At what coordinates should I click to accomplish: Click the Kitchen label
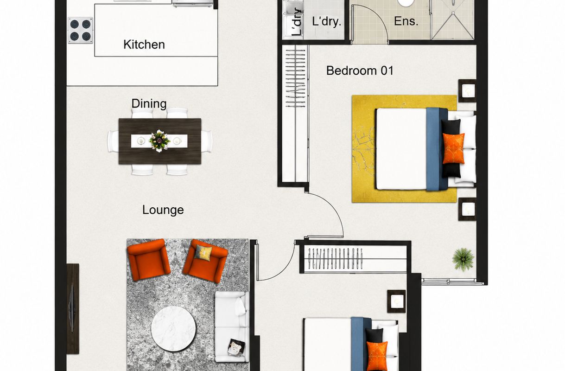click(x=144, y=45)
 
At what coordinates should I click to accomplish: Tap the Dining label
click(x=149, y=104)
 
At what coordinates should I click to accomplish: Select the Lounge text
click(x=163, y=210)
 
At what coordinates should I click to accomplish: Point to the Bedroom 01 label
click(x=360, y=70)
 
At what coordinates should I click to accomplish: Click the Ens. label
click(x=406, y=21)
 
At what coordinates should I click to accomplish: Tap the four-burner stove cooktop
click(x=80, y=30)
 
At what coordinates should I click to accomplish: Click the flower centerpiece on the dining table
click(x=159, y=141)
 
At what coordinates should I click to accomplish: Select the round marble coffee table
click(x=173, y=329)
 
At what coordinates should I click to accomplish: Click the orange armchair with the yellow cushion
click(x=205, y=261)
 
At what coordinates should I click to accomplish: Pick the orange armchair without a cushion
click(x=149, y=260)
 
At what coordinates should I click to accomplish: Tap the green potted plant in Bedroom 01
click(x=463, y=259)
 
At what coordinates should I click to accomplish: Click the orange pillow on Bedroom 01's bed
click(x=453, y=148)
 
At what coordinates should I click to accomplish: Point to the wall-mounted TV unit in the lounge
click(x=73, y=309)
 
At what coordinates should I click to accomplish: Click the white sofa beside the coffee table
click(x=232, y=326)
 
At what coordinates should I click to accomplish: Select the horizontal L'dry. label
click(x=327, y=21)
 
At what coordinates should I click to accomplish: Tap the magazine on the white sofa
click(x=236, y=347)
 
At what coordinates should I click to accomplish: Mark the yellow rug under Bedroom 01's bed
click(x=404, y=149)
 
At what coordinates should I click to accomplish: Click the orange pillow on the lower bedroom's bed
click(x=377, y=356)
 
